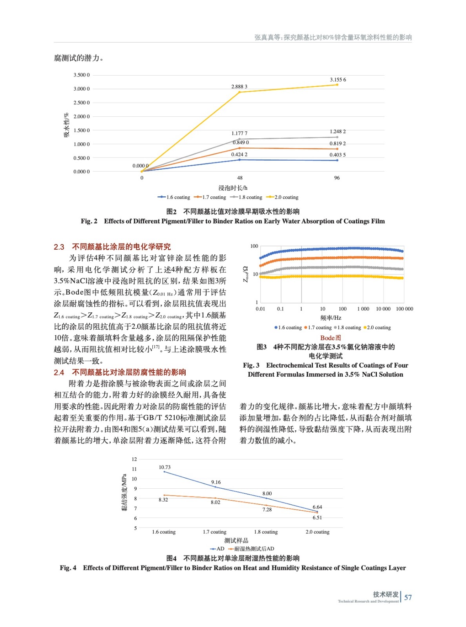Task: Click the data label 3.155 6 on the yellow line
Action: (338, 80)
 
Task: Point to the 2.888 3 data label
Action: (239, 87)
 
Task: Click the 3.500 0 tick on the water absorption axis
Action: (82, 75)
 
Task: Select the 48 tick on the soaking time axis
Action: (239, 178)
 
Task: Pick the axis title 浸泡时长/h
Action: (233, 188)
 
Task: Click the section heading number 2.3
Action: (59, 247)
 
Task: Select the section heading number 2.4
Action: (59, 372)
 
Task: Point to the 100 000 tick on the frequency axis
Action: (404, 309)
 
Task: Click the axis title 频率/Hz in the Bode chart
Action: (331, 318)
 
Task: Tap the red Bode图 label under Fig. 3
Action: (331, 338)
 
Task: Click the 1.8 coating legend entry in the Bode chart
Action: (349, 328)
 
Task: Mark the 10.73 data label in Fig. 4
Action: (164, 467)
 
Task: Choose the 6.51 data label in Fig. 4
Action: (317, 518)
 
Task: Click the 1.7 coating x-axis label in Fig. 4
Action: (214, 532)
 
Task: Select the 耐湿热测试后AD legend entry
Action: (254, 549)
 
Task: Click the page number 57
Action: (408, 598)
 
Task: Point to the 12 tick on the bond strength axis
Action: (134, 459)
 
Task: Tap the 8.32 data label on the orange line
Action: (163, 500)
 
